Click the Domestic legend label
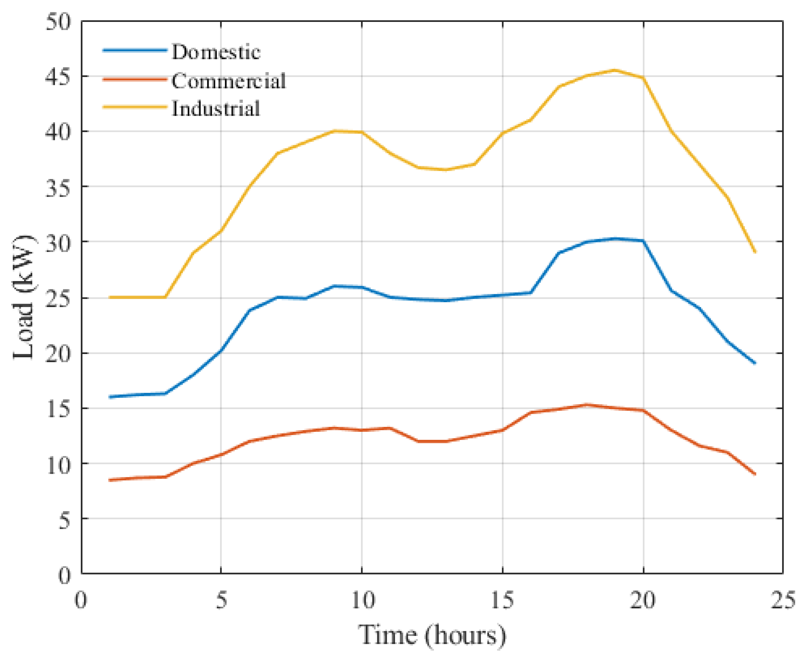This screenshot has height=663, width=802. point(216,52)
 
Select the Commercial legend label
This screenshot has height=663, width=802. point(228,81)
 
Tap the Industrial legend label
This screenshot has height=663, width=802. point(216,108)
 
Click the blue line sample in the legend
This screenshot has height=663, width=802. point(135,50)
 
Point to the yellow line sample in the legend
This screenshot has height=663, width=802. point(135,107)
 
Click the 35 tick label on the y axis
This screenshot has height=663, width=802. point(59,187)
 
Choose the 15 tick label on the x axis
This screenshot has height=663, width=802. point(502,600)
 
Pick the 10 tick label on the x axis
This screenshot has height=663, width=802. point(362,600)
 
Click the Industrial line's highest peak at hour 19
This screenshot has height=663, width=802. point(615,70)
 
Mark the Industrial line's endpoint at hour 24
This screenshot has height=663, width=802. point(755,252)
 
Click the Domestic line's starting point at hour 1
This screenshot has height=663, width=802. point(110,397)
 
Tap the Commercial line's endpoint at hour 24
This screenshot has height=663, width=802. point(755,474)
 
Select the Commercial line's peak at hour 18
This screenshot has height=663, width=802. point(587,405)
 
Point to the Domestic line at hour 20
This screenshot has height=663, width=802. point(643,241)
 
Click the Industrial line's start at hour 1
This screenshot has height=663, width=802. point(110,297)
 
